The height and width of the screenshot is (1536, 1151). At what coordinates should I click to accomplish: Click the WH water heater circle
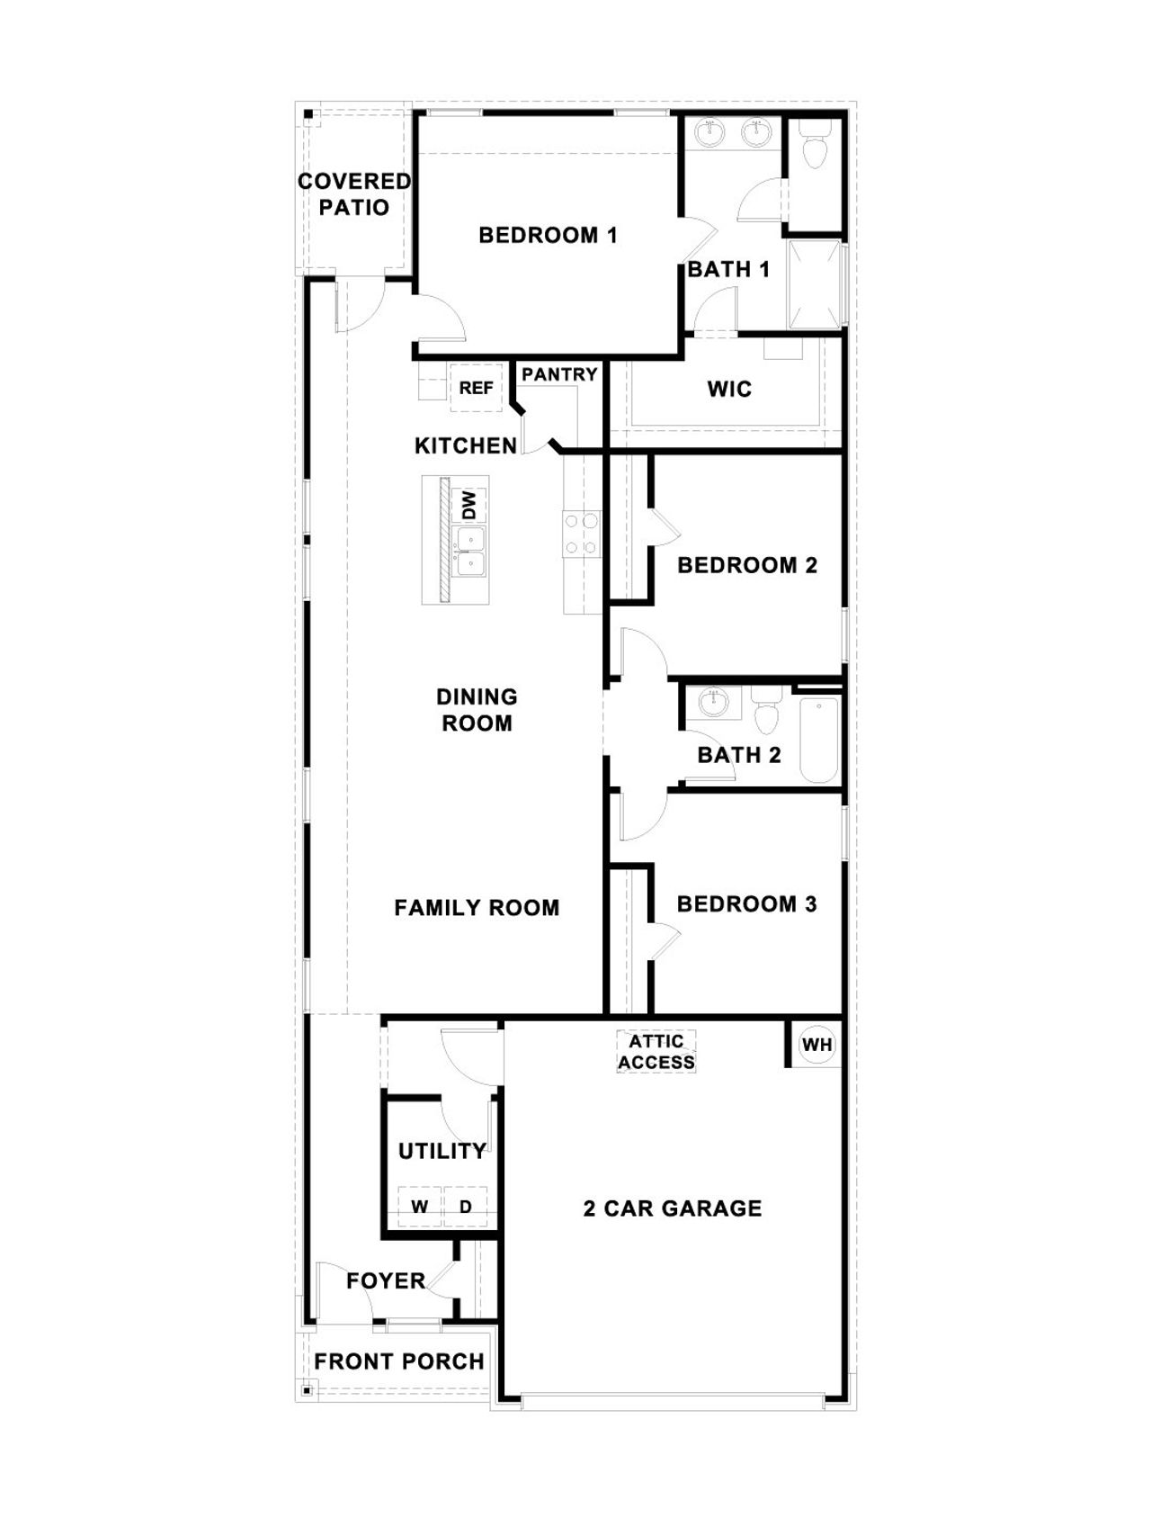pyautogui.click(x=816, y=1045)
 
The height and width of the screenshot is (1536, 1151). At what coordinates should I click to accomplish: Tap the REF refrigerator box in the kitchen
pyautogui.click(x=476, y=388)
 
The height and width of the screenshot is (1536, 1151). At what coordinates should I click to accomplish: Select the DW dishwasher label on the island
pyautogui.click(x=468, y=505)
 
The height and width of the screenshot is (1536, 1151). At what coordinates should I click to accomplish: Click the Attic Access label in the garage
pyautogui.click(x=656, y=1052)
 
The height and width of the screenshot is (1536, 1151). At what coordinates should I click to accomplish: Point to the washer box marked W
pyautogui.click(x=420, y=1208)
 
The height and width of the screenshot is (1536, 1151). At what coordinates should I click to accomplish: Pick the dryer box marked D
pyautogui.click(x=466, y=1208)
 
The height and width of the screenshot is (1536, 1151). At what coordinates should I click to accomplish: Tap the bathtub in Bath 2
pyautogui.click(x=818, y=740)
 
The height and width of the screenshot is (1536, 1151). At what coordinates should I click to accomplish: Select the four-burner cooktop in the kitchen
pyautogui.click(x=581, y=533)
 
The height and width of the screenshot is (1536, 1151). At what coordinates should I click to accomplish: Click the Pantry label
pyautogui.click(x=559, y=374)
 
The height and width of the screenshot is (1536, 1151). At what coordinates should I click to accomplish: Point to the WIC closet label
pyautogui.click(x=729, y=390)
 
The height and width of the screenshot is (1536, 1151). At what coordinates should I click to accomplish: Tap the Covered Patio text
pyautogui.click(x=354, y=194)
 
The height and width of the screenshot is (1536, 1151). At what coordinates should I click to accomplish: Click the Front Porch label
pyautogui.click(x=399, y=1361)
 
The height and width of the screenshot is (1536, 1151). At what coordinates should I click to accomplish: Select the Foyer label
pyautogui.click(x=386, y=1280)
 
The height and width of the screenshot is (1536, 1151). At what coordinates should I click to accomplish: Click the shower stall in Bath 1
pyautogui.click(x=815, y=284)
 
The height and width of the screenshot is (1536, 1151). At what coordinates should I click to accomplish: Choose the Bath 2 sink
pyautogui.click(x=713, y=702)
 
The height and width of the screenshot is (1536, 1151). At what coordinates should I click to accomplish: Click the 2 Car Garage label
pyautogui.click(x=673, y=1208)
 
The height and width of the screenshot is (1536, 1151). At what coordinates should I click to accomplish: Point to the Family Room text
pyautogui.click(x=477, y=908)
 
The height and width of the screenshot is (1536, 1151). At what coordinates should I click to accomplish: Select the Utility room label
pyautogui.click(x=442, y=1151)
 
